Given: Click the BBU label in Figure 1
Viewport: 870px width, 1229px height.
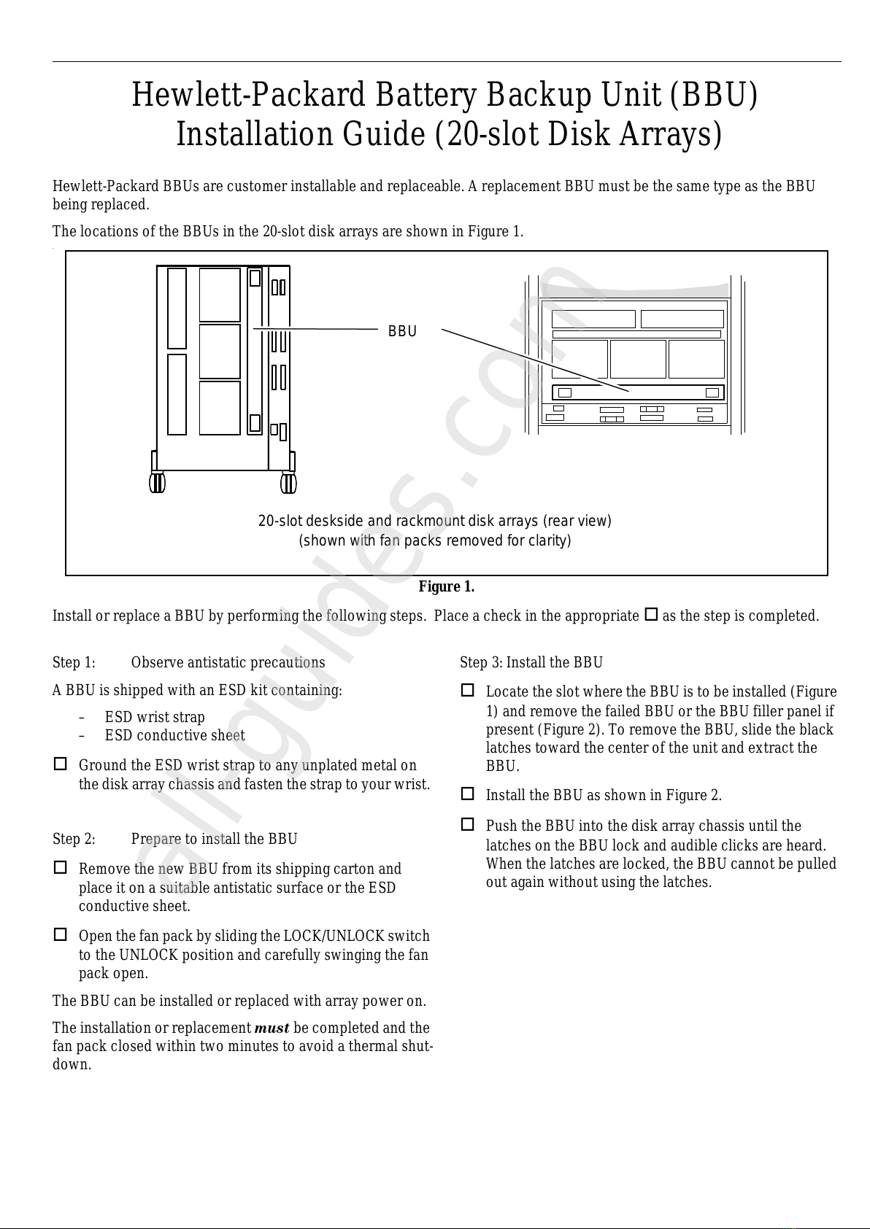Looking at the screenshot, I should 402,331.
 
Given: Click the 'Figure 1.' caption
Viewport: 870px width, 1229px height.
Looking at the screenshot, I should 446,587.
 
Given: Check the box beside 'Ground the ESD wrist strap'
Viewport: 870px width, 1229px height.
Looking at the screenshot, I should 61,764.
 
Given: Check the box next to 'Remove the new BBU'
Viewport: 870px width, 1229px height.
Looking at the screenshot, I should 61,868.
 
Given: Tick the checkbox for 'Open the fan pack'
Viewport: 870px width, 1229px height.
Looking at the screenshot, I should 61,934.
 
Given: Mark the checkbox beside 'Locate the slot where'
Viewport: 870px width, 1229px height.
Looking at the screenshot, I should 468,690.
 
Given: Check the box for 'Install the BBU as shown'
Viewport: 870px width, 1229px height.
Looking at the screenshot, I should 468,794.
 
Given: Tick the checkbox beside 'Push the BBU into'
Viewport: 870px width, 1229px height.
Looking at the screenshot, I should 468,824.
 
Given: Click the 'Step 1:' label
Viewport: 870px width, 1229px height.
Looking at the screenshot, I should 74,662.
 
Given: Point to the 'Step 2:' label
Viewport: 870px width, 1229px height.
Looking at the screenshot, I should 74,839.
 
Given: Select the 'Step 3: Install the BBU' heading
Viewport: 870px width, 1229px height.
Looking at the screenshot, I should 531,662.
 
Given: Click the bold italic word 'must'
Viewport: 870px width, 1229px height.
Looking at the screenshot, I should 272,1028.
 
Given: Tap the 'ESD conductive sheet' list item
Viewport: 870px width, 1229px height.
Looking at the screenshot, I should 174,735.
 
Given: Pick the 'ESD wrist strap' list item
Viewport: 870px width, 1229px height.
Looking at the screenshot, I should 155,717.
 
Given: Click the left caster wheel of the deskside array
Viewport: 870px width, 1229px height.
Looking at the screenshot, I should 157,483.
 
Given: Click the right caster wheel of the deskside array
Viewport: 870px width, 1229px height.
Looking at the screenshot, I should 288,483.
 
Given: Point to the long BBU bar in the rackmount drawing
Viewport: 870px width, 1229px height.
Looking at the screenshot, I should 638,392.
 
